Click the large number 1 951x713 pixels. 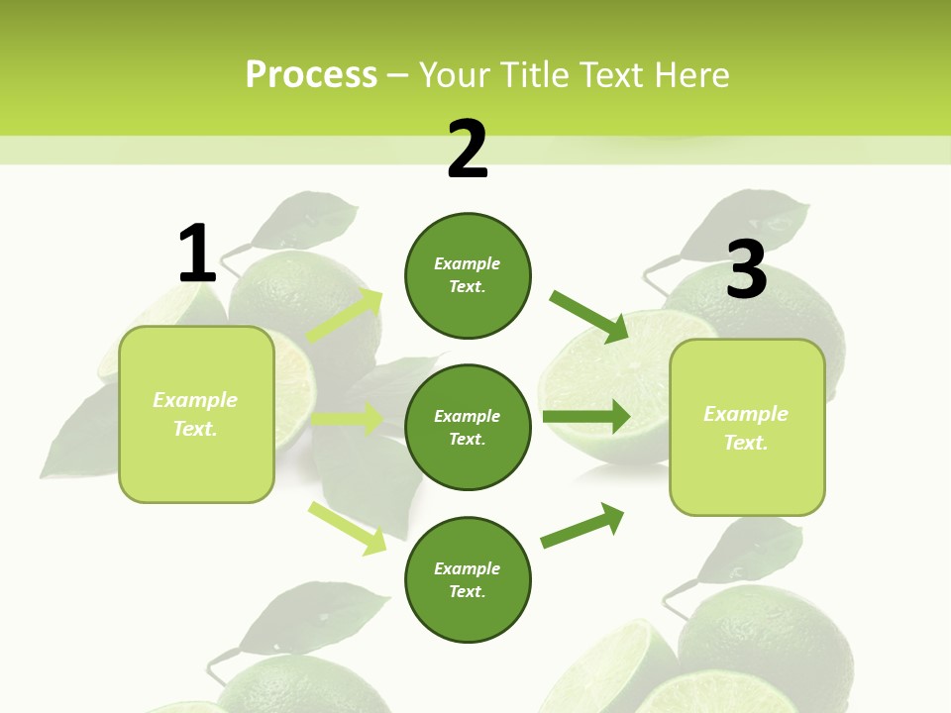(197, 254)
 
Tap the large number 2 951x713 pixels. (468, 151)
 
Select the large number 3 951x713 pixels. (746, 270)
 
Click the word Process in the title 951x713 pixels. (311, 74)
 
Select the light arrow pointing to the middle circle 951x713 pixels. (348, 419)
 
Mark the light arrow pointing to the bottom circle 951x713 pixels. (348, 528)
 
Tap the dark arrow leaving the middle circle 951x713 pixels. (586, 416)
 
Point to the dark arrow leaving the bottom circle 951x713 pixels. (582, 526)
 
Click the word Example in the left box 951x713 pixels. (195, 400)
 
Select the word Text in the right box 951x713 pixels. (746, 443)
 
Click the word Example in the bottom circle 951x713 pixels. (467, 568)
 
